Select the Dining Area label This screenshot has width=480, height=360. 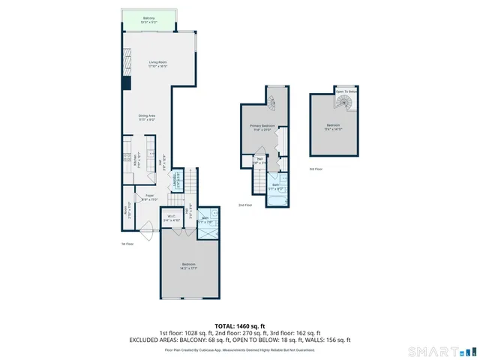tap(146, 116)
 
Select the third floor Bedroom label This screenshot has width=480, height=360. tap(333, 125)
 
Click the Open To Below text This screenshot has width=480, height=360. tap(346, 91)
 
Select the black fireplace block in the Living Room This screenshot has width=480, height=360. tap(125, 81)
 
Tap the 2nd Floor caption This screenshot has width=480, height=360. tap(244, 205)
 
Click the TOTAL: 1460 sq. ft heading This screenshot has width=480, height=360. tap(240, 325)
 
